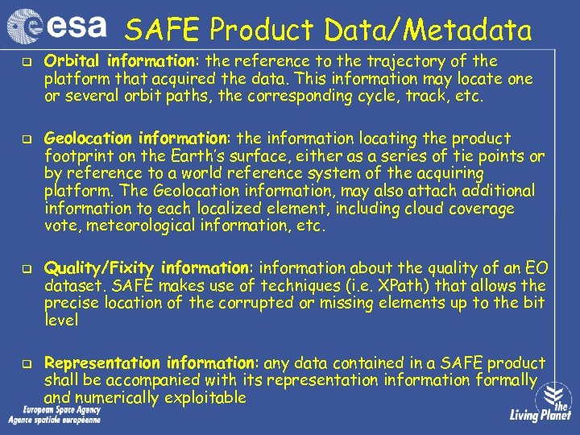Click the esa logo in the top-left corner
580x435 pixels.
(x=56, y=27)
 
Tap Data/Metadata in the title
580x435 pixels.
(x=428, y=31)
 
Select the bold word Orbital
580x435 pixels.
(x=71, y=61)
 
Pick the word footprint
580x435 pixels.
(x=78, y=155)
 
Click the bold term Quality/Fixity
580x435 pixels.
(x=100, y=268)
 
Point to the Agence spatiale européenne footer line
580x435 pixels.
(x=54, y=420)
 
